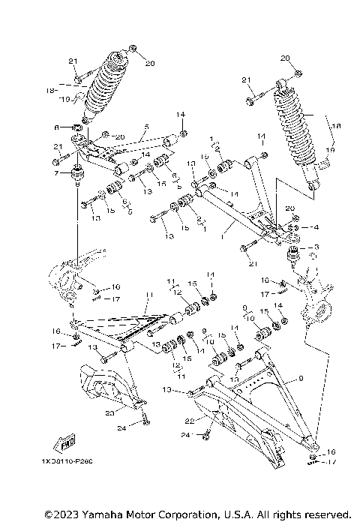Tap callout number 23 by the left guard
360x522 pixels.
coord(109,412)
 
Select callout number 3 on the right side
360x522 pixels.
coord(316,247)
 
